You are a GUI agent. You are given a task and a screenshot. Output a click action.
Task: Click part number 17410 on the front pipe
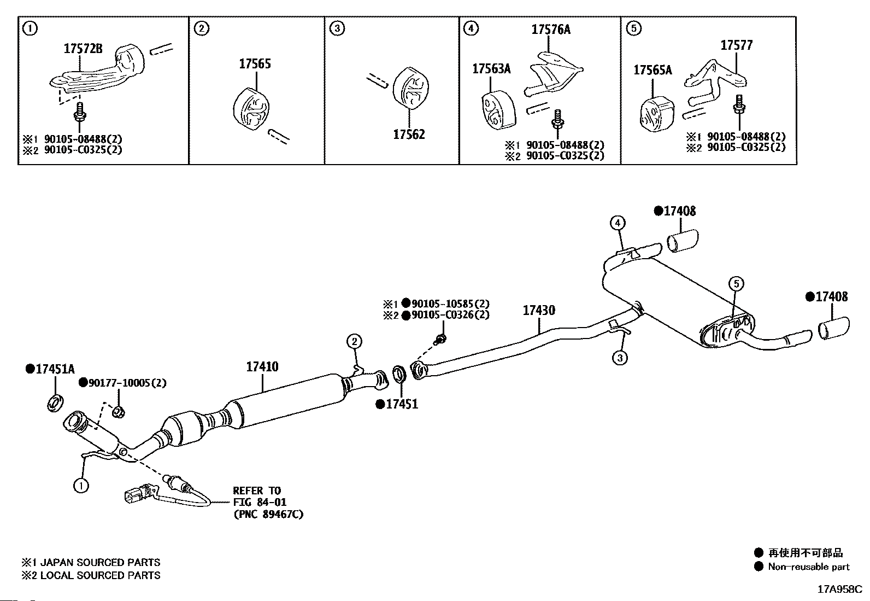(x=262, y=366)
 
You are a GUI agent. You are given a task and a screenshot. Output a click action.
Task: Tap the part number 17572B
(x=83, y=49)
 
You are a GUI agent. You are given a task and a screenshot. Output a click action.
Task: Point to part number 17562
(x=409, y=134)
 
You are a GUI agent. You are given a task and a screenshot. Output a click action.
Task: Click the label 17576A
(x=550, y=30)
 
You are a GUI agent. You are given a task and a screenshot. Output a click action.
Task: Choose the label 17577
(x=736, y=45)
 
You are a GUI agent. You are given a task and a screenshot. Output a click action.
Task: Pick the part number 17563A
(x=491, y=68)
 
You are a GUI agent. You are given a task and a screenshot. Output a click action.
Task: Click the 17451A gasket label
(x=54, y=369)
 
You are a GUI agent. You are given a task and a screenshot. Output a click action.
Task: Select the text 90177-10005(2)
(x=126, y=382)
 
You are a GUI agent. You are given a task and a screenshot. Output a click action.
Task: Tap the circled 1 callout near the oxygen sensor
(x=81, y=485)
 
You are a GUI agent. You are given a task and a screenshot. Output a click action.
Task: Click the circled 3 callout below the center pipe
(x=619, y=358)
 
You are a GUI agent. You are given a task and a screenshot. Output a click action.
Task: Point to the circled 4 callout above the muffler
(x=617, y=223)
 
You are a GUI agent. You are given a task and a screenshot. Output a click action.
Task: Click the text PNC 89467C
(x=268, y=514)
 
